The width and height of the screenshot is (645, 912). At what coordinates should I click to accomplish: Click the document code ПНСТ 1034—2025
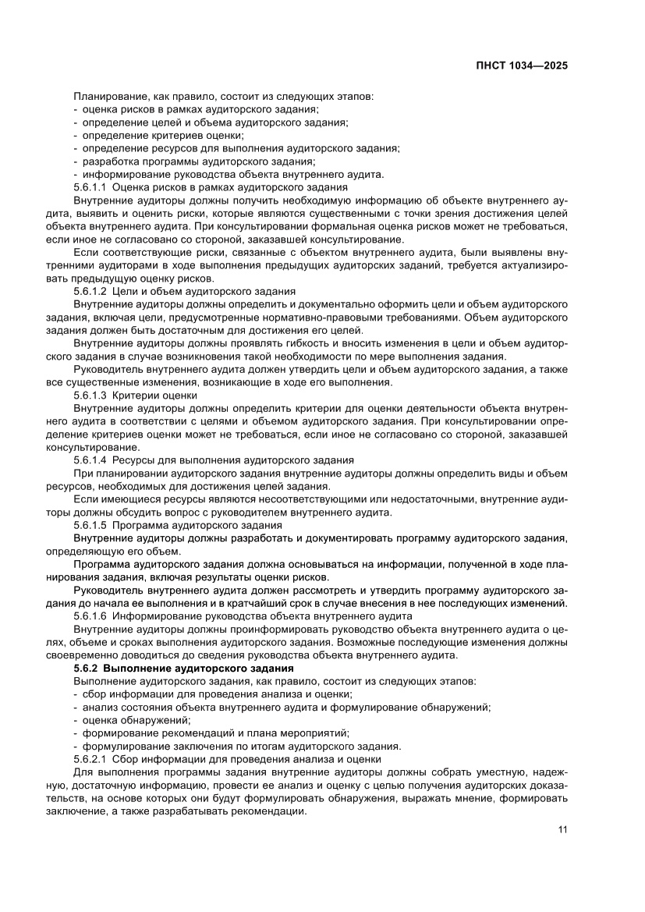523,66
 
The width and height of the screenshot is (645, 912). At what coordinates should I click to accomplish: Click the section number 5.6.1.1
90,187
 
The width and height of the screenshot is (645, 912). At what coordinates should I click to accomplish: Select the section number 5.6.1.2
90,290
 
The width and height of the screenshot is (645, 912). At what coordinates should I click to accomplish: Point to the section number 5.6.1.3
90,396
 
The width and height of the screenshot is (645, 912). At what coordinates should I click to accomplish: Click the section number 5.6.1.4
90,460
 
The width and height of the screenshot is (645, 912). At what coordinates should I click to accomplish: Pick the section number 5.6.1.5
90,525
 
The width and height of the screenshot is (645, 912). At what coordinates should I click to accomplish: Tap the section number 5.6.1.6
90,616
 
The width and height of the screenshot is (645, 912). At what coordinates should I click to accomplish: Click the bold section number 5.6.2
85,669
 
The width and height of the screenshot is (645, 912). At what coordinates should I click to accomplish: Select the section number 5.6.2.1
90,758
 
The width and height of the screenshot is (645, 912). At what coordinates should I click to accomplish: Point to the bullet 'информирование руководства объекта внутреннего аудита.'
233,174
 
